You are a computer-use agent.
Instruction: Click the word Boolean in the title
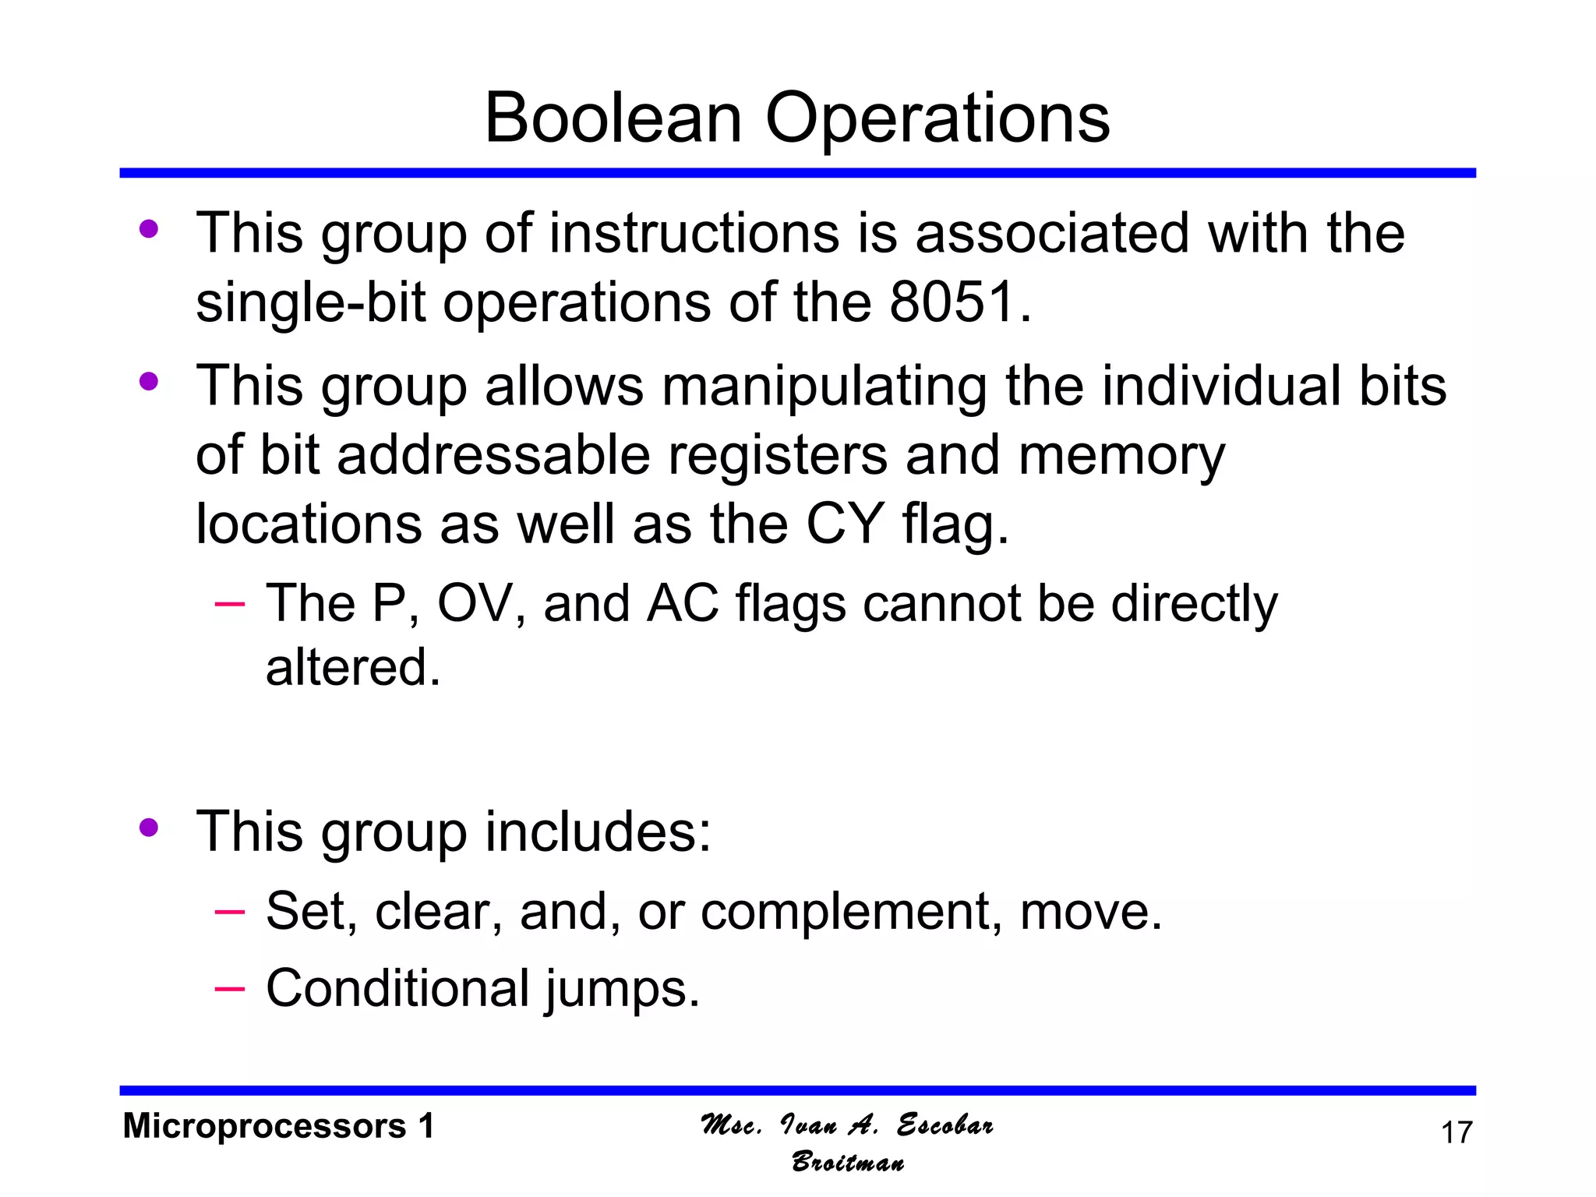click(x=613, y=118)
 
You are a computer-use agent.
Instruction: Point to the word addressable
click(x=493, y=455)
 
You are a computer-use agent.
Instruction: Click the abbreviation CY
click(x=845, y=524)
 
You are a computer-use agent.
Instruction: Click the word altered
click(x=352, y=668)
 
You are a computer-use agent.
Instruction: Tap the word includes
click(x=598, y=832)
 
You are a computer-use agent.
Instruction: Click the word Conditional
click(x=397, y=988)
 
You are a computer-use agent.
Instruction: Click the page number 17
click(x=1457, y=1133)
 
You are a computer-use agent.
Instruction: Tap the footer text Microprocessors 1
click(x=278, y=1127)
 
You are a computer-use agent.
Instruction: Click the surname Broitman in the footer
click(x=848, y=1163)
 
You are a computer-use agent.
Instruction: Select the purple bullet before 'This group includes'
click(x=148, y=828)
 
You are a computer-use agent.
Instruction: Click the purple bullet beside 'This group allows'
click(x=148, y=382)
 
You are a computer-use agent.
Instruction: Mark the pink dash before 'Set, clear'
click(x=229, y=911)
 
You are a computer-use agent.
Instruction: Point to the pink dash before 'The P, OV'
click(x=229, y=604)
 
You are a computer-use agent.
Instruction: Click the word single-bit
click(x=310, y=302)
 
